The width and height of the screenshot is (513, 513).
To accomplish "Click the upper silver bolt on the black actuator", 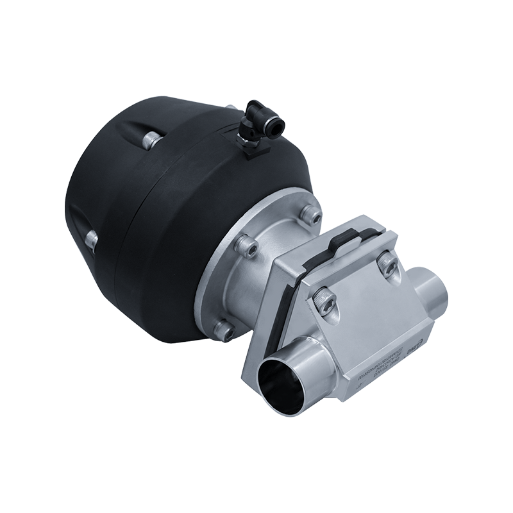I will pyautogui.click(x=149, y=138).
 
